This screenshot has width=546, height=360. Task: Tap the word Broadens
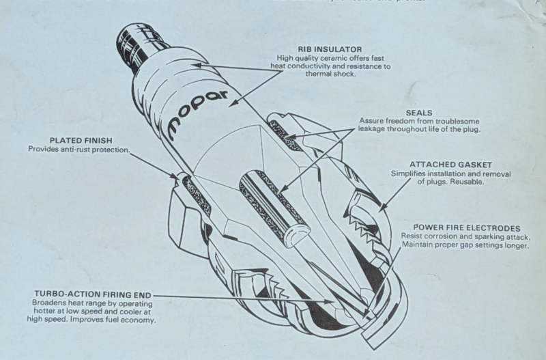(50, 303)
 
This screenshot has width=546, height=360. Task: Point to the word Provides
(44, 149)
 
